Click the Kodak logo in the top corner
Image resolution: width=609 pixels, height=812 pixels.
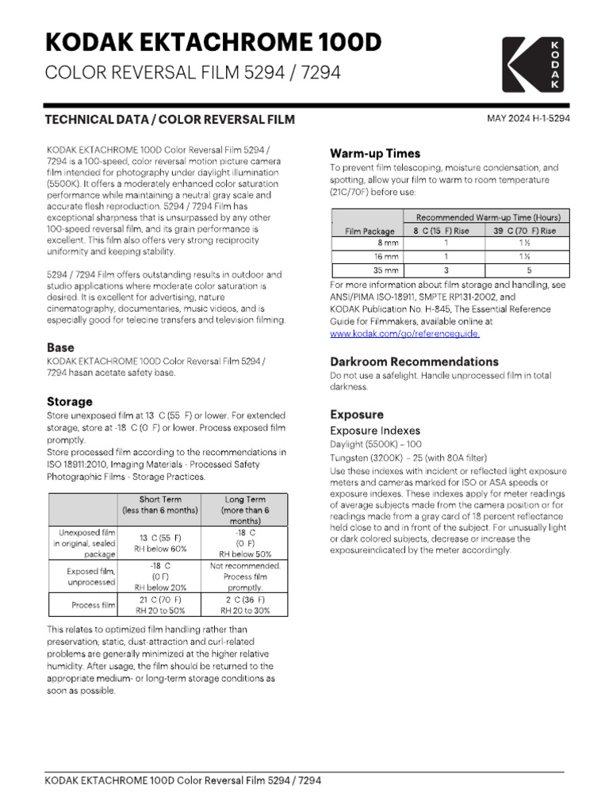534,63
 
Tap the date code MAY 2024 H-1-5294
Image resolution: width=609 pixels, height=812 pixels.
528,118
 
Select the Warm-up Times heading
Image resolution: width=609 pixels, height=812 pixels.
374,153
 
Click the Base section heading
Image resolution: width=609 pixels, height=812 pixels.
60,347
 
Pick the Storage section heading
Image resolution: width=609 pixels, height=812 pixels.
69,401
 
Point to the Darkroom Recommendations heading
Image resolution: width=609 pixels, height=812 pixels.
414,362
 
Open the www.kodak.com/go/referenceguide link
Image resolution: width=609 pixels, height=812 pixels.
404,335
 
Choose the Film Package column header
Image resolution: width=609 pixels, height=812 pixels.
369,231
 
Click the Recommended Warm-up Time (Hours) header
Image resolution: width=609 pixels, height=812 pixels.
488,217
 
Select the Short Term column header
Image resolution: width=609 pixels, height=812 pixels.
160,505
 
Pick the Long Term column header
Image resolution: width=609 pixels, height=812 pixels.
245,511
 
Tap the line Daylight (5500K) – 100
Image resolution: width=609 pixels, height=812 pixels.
376,445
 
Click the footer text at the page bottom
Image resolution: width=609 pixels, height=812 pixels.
183,780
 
